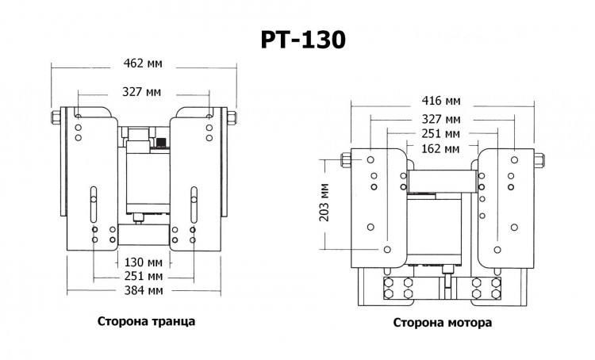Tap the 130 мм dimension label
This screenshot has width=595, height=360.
(x=144, y=261)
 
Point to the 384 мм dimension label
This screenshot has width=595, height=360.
(x=144, y=290)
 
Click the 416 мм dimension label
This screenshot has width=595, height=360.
(x=442, y=101)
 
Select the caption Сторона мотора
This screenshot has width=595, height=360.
(x=442, y=323)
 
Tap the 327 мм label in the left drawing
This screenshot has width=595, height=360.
(x=144, y=91)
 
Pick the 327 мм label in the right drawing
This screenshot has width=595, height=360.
(x=442, y=117)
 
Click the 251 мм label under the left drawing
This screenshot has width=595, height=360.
(x=144, y=276)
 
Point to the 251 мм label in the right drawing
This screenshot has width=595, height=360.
(x=442, y=132)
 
